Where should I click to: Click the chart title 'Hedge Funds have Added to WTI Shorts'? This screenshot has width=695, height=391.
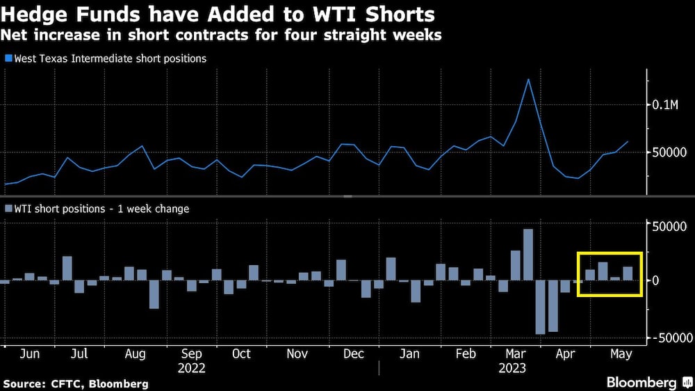219,14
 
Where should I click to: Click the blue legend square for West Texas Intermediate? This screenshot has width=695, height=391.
8,59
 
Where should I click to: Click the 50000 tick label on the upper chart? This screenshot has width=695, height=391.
671,152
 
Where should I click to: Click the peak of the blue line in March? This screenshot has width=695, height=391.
528,79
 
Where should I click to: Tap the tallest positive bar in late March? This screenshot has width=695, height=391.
528,255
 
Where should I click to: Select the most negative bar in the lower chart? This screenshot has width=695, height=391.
540,307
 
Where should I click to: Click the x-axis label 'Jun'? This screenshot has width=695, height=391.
30,353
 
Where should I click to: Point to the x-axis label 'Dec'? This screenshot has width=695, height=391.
354,353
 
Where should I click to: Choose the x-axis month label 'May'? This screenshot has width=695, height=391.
621,353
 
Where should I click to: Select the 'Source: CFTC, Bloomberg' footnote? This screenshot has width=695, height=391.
76,383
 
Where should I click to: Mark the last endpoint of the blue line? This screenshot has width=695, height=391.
628,141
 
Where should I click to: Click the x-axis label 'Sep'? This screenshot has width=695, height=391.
190,353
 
